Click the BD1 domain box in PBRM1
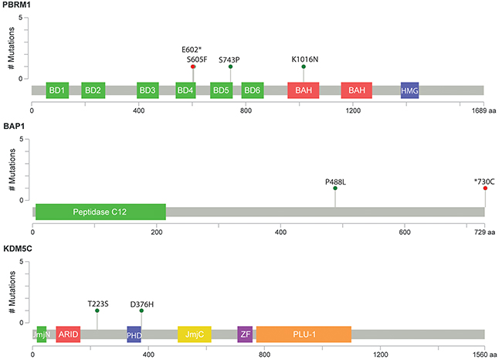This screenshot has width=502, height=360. (x=56, y=90)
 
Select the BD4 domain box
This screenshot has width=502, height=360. (x=185, y=90)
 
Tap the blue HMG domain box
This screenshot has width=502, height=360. (x=409, y=90)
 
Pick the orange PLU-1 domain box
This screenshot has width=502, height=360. (x=304, y=334)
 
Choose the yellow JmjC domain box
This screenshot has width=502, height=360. (x=194, y=334)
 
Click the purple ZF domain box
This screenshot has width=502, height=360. (x=245, y=334)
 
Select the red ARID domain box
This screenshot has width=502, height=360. (x=68, y=334)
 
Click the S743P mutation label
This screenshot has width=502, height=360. (x=230, y=58)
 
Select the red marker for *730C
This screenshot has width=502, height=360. (x=485, y=188)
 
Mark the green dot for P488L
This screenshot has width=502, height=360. (x=335, y=188)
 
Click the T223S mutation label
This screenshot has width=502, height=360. (x=98, y=303)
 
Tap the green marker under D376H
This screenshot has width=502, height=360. (x=141, y=311)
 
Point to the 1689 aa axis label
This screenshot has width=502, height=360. (x=483, y=110)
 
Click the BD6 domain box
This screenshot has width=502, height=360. (x=252, y=90)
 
